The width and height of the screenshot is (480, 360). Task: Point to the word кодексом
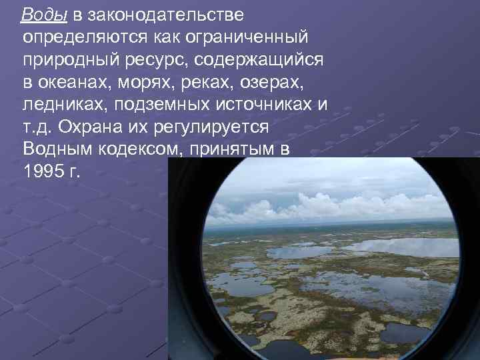pos(141,149)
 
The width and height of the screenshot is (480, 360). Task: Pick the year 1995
pos(44,171)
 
